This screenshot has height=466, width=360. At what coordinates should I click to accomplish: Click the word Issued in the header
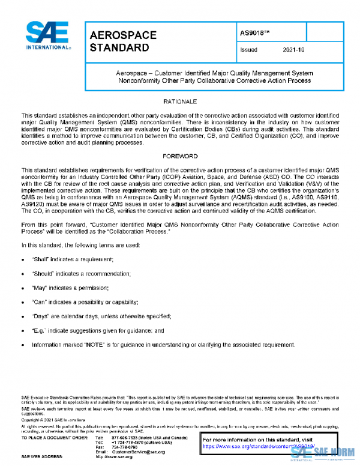248,50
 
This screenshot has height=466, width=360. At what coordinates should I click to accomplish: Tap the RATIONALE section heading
180,101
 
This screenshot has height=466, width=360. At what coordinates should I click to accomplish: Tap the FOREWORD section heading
180,156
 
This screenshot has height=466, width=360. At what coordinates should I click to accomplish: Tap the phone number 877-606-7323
130,438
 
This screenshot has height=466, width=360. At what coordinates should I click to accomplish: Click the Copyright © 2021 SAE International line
49,420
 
